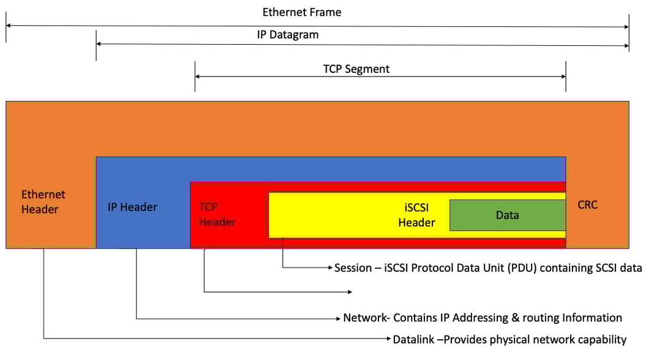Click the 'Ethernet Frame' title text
coord(302,12)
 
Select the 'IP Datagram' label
coord(288,35)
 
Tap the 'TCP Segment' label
coord(356,69)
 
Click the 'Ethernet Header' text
coord(43,202)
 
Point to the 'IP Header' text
coord(132,207)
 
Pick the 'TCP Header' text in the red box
coord(217,214)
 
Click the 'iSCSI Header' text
coord(416,215)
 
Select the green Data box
coord(507,215)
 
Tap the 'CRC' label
coord(588,205)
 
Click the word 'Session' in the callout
coord(353,268)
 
